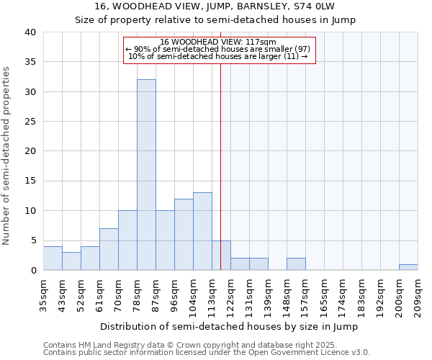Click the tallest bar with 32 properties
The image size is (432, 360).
(146, 175)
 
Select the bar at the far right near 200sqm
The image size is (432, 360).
(408, 267)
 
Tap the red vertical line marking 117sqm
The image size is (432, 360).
(220, 166)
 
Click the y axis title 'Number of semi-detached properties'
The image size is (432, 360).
(7, 156)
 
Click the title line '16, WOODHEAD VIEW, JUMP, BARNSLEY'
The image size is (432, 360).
(215, 6)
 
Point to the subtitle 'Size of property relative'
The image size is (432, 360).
(215, 19)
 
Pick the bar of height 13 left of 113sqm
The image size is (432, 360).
(202, 231)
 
